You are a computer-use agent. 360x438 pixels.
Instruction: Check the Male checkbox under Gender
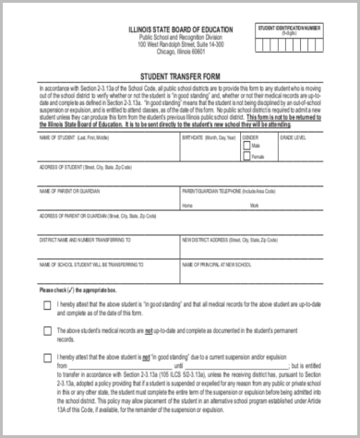tap(245, 146)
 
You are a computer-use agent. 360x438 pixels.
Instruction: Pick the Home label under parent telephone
tap(187, 205)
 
